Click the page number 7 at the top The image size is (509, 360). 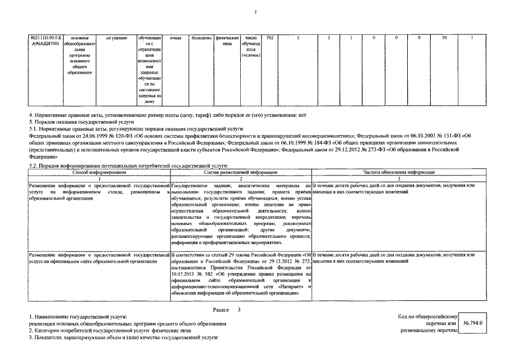pyautogui.click(x=255, y=12)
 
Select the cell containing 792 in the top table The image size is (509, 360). pyautogui.click(x=270, y=38)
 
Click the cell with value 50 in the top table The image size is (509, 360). pyautogui.click(x=444, y=38)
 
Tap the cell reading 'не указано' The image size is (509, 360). pyautogui.click(x=116, y=38)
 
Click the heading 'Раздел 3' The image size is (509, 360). pyautogui.click(x=227, y=310)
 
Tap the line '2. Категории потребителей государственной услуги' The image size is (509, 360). pyautogui.click(x=116, y=331)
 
